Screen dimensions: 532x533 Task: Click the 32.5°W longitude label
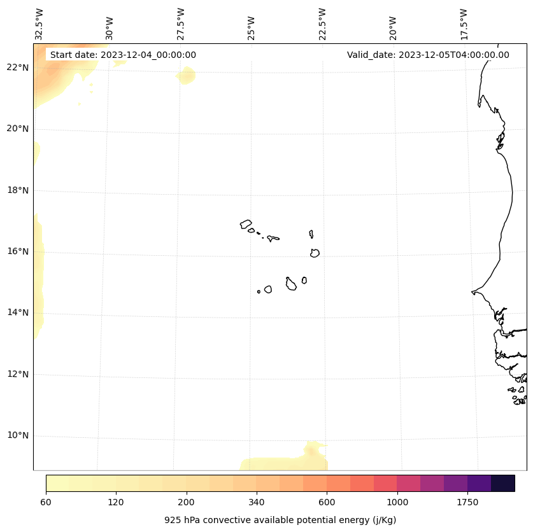39,24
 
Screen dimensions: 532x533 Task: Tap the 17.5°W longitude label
464,24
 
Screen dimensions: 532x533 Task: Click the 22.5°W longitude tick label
322,24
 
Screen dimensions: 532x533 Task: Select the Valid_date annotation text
428,55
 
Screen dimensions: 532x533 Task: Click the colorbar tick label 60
46,502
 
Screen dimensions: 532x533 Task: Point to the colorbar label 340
257,502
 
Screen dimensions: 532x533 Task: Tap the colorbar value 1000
397,502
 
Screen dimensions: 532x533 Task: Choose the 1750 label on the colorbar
467,502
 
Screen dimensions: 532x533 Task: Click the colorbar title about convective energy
280,520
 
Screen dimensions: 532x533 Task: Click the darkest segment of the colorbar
503,483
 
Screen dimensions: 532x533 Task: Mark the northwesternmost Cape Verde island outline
246,224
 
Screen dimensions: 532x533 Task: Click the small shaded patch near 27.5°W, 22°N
187,76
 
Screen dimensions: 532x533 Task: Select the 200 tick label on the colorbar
186,502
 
